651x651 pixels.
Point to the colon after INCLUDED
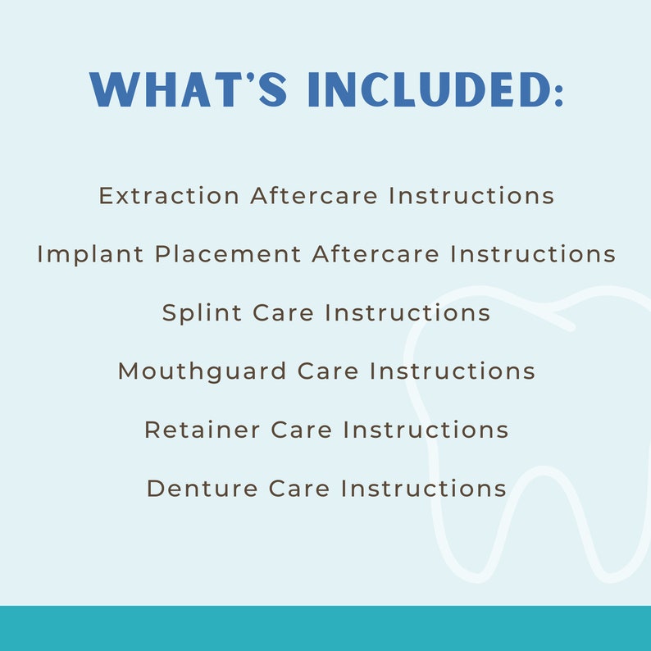tap(559, 92)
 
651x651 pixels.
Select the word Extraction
tap(169, 196)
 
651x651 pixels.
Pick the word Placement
tap(229, 254)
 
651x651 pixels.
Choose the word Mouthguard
tap(203, 371)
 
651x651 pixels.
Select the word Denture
tap(203, 489)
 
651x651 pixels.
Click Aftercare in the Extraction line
tap(314, 196)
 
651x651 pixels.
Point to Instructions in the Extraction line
tap(471, 196)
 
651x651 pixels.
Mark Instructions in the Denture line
tap(424, 489)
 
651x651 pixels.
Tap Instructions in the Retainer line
tap(426, 430)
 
